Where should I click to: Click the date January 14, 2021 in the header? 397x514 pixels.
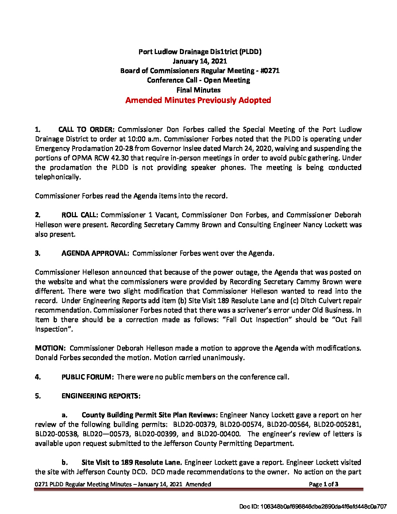click(200, 61)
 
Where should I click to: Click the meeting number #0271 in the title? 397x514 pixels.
click(270, 71)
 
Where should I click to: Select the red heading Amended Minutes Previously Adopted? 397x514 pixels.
click(198, 100)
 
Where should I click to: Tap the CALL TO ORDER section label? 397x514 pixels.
click(86, 130)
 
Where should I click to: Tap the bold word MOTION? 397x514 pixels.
click(50, 348)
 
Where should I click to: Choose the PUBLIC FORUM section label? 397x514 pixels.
click(88, 377)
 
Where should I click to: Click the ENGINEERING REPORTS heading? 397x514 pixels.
click(101, 396)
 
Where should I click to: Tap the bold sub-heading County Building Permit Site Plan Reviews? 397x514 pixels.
click(150, 415)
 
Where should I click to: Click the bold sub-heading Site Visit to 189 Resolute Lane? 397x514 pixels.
click(132, 463)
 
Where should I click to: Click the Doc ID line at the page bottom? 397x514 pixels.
click(313, 506)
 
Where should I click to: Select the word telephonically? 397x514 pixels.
click(58, 177)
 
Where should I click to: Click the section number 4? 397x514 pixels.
click(38, 377)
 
